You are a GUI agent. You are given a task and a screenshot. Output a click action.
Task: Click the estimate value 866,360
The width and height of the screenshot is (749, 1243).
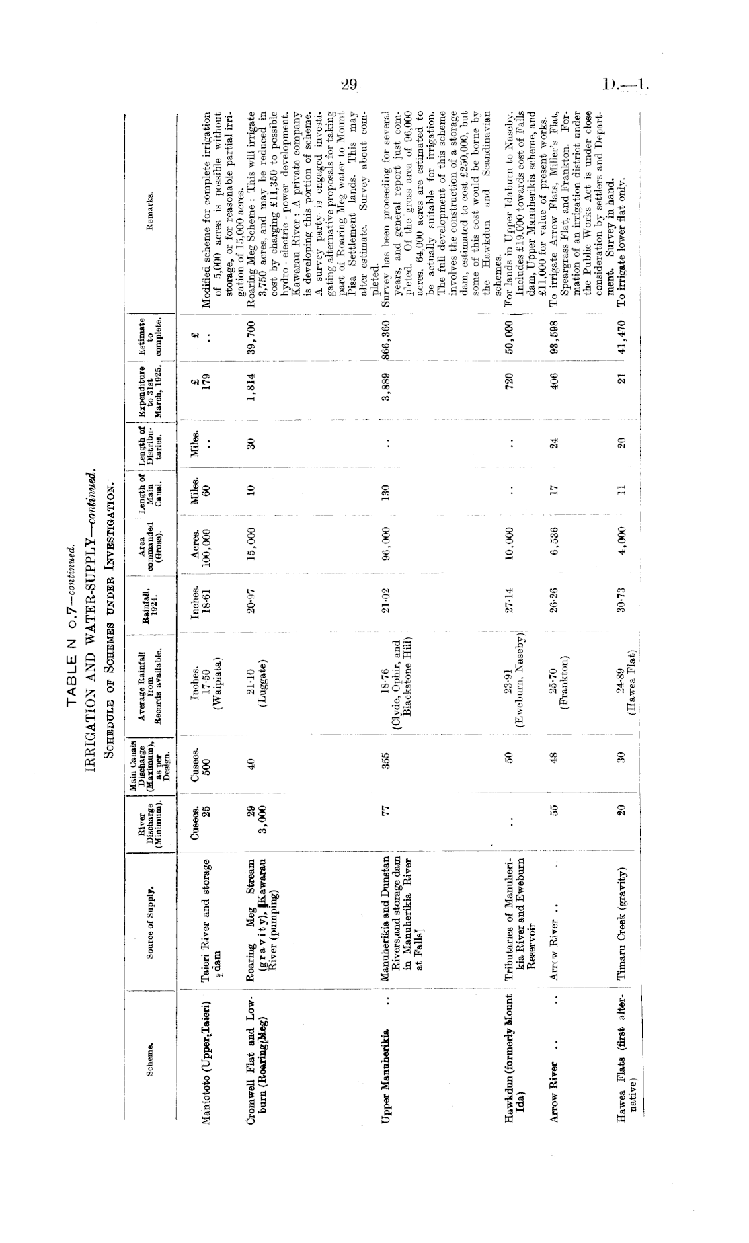(x=387, y=329)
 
